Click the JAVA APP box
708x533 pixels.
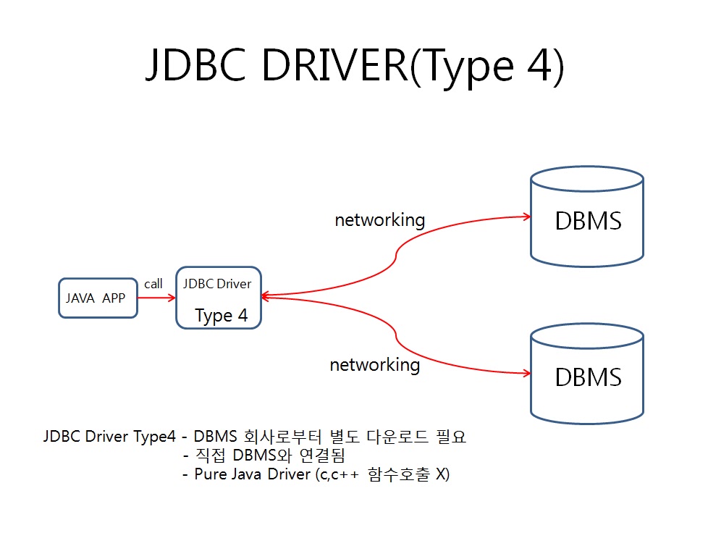pyautogui.click(x=98, y=298)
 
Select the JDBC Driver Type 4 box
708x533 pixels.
pyautogui.click(x=218, y=298)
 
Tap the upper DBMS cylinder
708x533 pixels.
pyautogui.click(x=587, y=217)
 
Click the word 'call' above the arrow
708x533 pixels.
pyautogui.click(x=153, y=284)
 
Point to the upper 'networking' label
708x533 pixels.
pyautogui.click(x=379, y=219)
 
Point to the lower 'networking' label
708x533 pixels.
pyautogui.click(x=374, y=364)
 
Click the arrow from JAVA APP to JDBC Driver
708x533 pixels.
pyautogui.click(x=156, y=298)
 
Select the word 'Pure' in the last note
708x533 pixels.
pyautogui.click(x=209, y=475)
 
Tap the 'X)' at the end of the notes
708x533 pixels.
pyautogui.click(x=442, y=475)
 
